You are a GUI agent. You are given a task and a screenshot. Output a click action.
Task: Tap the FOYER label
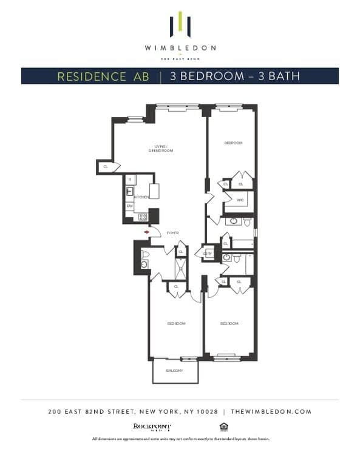point(173,232)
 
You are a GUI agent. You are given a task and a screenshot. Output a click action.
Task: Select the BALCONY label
point(175,370)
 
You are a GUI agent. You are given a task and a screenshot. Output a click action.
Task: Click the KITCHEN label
point(141,197)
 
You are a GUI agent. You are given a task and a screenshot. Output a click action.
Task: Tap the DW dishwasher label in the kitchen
point(130,206)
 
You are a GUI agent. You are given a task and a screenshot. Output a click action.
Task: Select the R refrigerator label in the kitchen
point(130,180)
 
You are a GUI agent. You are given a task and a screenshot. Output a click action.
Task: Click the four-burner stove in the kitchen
point(143,217)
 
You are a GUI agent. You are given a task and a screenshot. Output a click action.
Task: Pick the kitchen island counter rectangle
point(154,191)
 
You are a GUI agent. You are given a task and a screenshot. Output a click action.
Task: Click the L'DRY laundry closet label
point(208,254)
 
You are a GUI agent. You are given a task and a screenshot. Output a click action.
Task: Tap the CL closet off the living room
point(106,166)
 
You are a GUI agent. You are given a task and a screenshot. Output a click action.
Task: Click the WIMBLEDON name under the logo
point(180,47)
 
